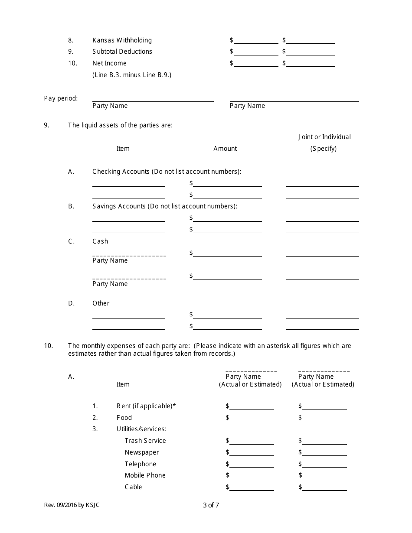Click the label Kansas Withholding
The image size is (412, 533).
[x=122, y=40]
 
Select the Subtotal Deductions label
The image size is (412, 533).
[x=122, y=52]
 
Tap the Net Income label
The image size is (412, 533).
[x=109, y=63]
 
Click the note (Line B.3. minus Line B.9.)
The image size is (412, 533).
[x=132, y=75]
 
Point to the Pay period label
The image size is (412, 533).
[x=61, y=98]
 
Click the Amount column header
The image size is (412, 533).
[x=225, y=149]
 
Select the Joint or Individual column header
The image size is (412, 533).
[x=324, y=137]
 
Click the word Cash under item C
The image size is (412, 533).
[x=100, y=241]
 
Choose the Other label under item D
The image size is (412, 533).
[x=101, y=303]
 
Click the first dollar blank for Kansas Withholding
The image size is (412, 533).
[x=256, y=41]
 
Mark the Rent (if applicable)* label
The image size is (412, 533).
[x=146, y=406]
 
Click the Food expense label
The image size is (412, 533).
[x=124, y=418]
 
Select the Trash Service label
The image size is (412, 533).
[x=145, y=441]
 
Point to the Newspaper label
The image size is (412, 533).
[x=142, y=452]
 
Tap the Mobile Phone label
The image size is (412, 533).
[x=145, y=475]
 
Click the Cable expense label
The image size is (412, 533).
[x=133, y=487]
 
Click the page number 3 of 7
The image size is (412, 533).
[x=211, y=505]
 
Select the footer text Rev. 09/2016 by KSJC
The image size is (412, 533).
[x=75, y=505]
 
